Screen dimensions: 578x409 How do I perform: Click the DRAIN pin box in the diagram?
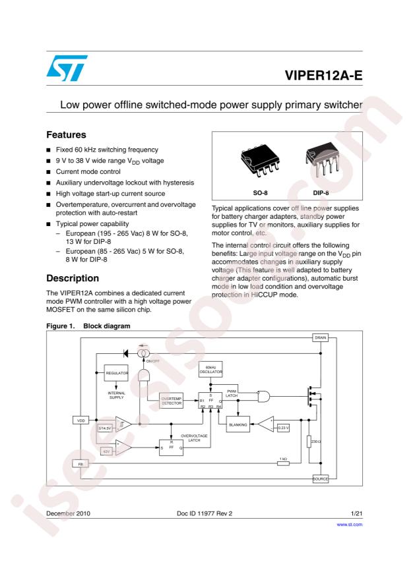click(320, 337)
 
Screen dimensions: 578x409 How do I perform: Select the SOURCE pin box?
click(320, 478)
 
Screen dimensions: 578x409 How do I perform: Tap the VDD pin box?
click(80, 419)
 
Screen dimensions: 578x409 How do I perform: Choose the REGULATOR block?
click(117, 374)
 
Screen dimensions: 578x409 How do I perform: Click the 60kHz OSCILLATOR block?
click(212, 370)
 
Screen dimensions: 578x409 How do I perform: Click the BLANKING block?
click(237, 425)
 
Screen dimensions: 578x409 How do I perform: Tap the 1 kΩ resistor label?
click(283, 459)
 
